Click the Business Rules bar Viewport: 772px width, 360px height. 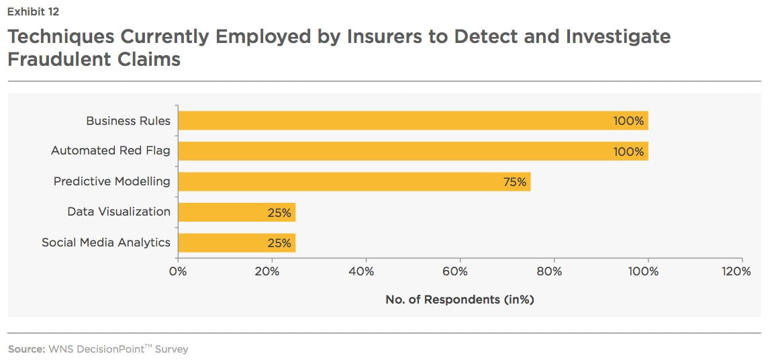pyautogui.click(x=412, y=121)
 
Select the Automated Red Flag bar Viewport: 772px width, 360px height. pyautogui.click(x=412, y=151)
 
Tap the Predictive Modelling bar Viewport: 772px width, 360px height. pyautogui.click(x=354, y=181)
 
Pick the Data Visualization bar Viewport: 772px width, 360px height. pyautogui.click(x=236, y=212)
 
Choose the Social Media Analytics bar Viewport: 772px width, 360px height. pyautogui.click(x=236, y=242)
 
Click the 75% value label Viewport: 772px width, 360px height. pyautogui.click(x=515, y=182)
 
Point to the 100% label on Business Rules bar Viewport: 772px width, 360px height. pyautogui.click(x=628, y=122)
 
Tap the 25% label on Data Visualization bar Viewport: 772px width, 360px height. pyautogui.click(x=279, y=213)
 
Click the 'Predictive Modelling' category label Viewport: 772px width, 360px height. pyautogui.click(x=112, y=181)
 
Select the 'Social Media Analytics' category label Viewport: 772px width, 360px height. pyautogui.click(x=106, y=242)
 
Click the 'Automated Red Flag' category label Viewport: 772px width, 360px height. pyautogui.click(x=111, y=151)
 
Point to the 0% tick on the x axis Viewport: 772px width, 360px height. pyautogui.click(x=178, y=272)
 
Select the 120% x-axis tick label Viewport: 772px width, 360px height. pyautogui.click(x=737, y=272)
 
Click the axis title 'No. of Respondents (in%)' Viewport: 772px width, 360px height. pyautogui.click(x=460, y=300)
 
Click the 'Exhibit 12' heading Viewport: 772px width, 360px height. pyautogui.click(x=34, y=11)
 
